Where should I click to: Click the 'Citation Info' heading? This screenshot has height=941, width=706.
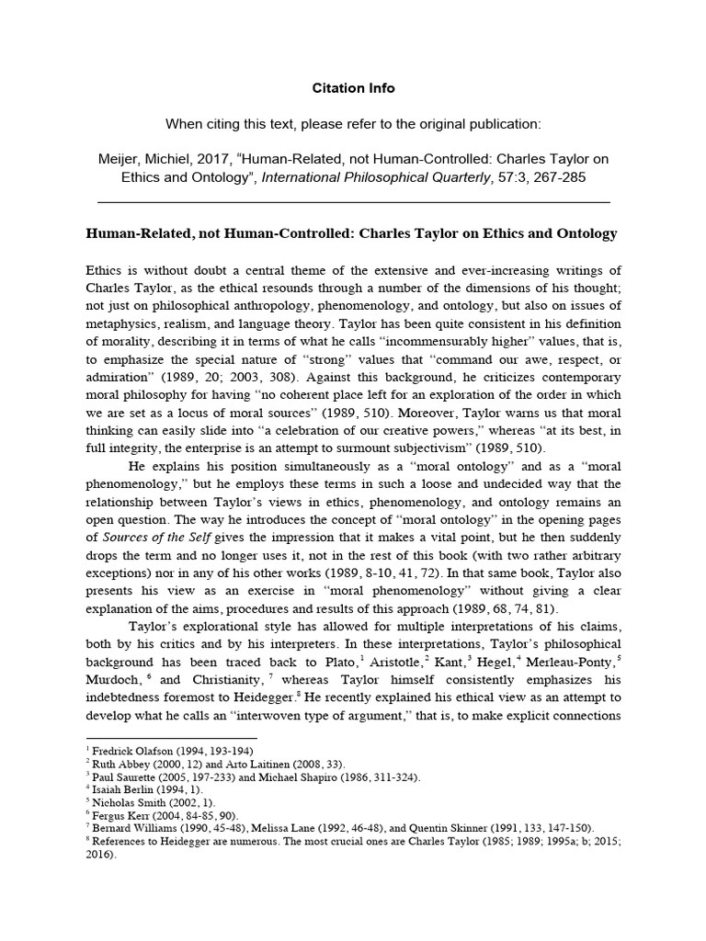[x=353, y=88]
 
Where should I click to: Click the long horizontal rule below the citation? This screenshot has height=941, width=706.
[x=353, y=201]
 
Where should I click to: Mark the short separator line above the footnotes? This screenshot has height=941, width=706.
[x=171, y=737]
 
